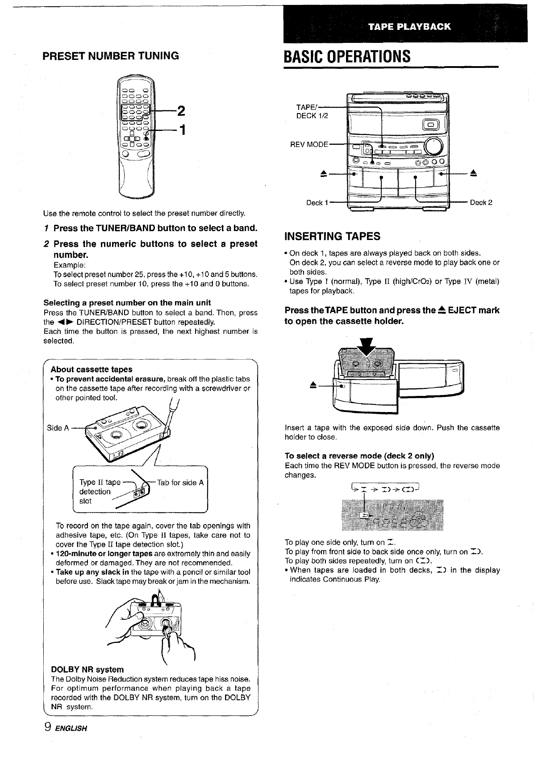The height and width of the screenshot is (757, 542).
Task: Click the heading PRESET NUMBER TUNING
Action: [110, 56]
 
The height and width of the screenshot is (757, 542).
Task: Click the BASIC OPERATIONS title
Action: [347, 57]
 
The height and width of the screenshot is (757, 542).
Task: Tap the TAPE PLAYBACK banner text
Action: [409, 26]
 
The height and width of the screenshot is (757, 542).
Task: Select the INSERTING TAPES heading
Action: [332, 236]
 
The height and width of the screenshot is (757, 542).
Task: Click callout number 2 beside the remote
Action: [181, 110]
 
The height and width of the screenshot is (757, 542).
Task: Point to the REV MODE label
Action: [309, 144]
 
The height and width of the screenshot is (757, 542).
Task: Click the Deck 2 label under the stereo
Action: [481, 202]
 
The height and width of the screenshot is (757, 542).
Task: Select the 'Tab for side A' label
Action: [180, 483]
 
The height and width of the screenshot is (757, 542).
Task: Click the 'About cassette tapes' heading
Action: [92, 369]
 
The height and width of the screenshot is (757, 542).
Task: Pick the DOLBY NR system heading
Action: [88, 669]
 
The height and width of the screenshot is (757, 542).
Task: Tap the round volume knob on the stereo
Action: [434, 145]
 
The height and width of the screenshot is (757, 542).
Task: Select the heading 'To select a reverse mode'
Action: [359, 456]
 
